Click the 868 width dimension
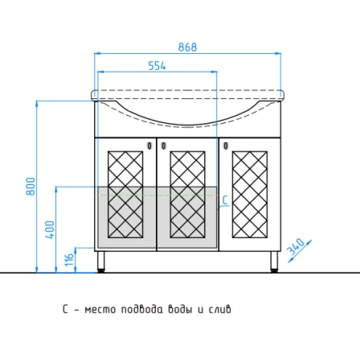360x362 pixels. coord(187,47)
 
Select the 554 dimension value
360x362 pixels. coord(157,66)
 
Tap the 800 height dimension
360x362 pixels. coord(31,187)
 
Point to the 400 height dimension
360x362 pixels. coord(50,230)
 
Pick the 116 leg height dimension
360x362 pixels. coord(69,259)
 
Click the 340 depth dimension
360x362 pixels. coord(296,246)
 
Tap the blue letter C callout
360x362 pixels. coord(225,200)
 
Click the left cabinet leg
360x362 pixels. coord(101,261)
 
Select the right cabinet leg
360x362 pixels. coord(274,261)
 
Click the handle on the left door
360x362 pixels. coord(149,146)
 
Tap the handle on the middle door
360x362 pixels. coord(163,146)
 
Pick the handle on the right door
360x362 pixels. coord(226,146)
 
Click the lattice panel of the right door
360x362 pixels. coord(250,195)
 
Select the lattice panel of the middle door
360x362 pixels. coord(187,195)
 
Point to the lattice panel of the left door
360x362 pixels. coord(125,195)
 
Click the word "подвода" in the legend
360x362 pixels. coord(141,310)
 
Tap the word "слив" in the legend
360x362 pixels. coord(219,310)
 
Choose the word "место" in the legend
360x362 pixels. coord(100,310)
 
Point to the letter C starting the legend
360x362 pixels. coord(65,309)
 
